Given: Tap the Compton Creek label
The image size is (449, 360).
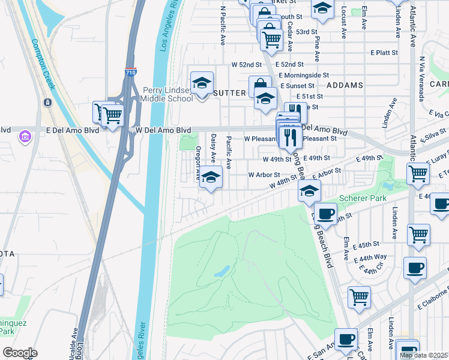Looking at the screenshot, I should pyautogui.click(x=43, y=64).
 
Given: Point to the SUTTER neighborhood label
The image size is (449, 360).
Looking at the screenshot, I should pyautogui.click(x=229, y=93).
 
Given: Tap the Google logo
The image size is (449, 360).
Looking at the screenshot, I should pyautogui.click(x=20, y=352).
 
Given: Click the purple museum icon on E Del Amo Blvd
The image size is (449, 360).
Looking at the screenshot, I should pyautogui.click(x=25, y=137).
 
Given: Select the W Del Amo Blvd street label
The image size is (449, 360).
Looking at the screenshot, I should pyautogui.click(x=163, y=130).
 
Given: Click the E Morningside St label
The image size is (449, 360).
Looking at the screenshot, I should pyautogui.click(x=303, y=76).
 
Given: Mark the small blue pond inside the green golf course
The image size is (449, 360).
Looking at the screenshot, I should pyautogui.click(x=220, y=271).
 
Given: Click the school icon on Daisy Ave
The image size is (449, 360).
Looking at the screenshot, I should pyautogui.click(x=211, y=178).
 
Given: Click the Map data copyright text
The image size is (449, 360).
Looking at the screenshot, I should pyautogui.click(x=424, y=355).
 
